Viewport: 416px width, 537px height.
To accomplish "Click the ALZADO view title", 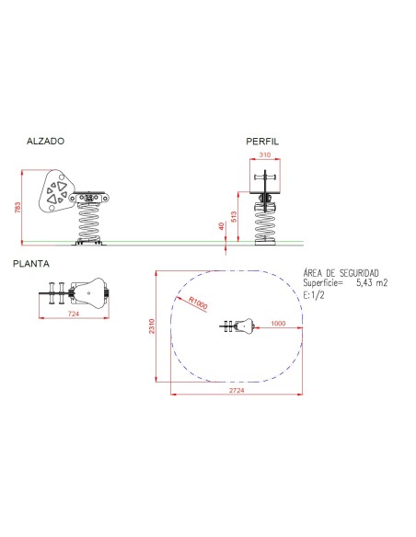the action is [x=46, y=141].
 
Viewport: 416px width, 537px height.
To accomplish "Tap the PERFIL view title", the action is [x=262, y=142].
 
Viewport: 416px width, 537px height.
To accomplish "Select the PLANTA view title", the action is [x=31, y=264].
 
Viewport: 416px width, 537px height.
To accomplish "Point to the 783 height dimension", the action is [x=17, y=208].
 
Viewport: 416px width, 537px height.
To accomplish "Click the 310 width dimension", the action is [x=265, y=154].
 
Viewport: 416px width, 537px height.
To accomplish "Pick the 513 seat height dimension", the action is [x=234, y=217].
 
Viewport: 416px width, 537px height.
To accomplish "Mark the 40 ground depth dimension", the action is [x=222, y=226].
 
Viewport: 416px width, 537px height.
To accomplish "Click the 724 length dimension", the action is [x=74, y=314].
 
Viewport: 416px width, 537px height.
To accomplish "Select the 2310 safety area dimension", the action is [x=152, y=326].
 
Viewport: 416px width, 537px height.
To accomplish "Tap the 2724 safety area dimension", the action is [x=237, y=391].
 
